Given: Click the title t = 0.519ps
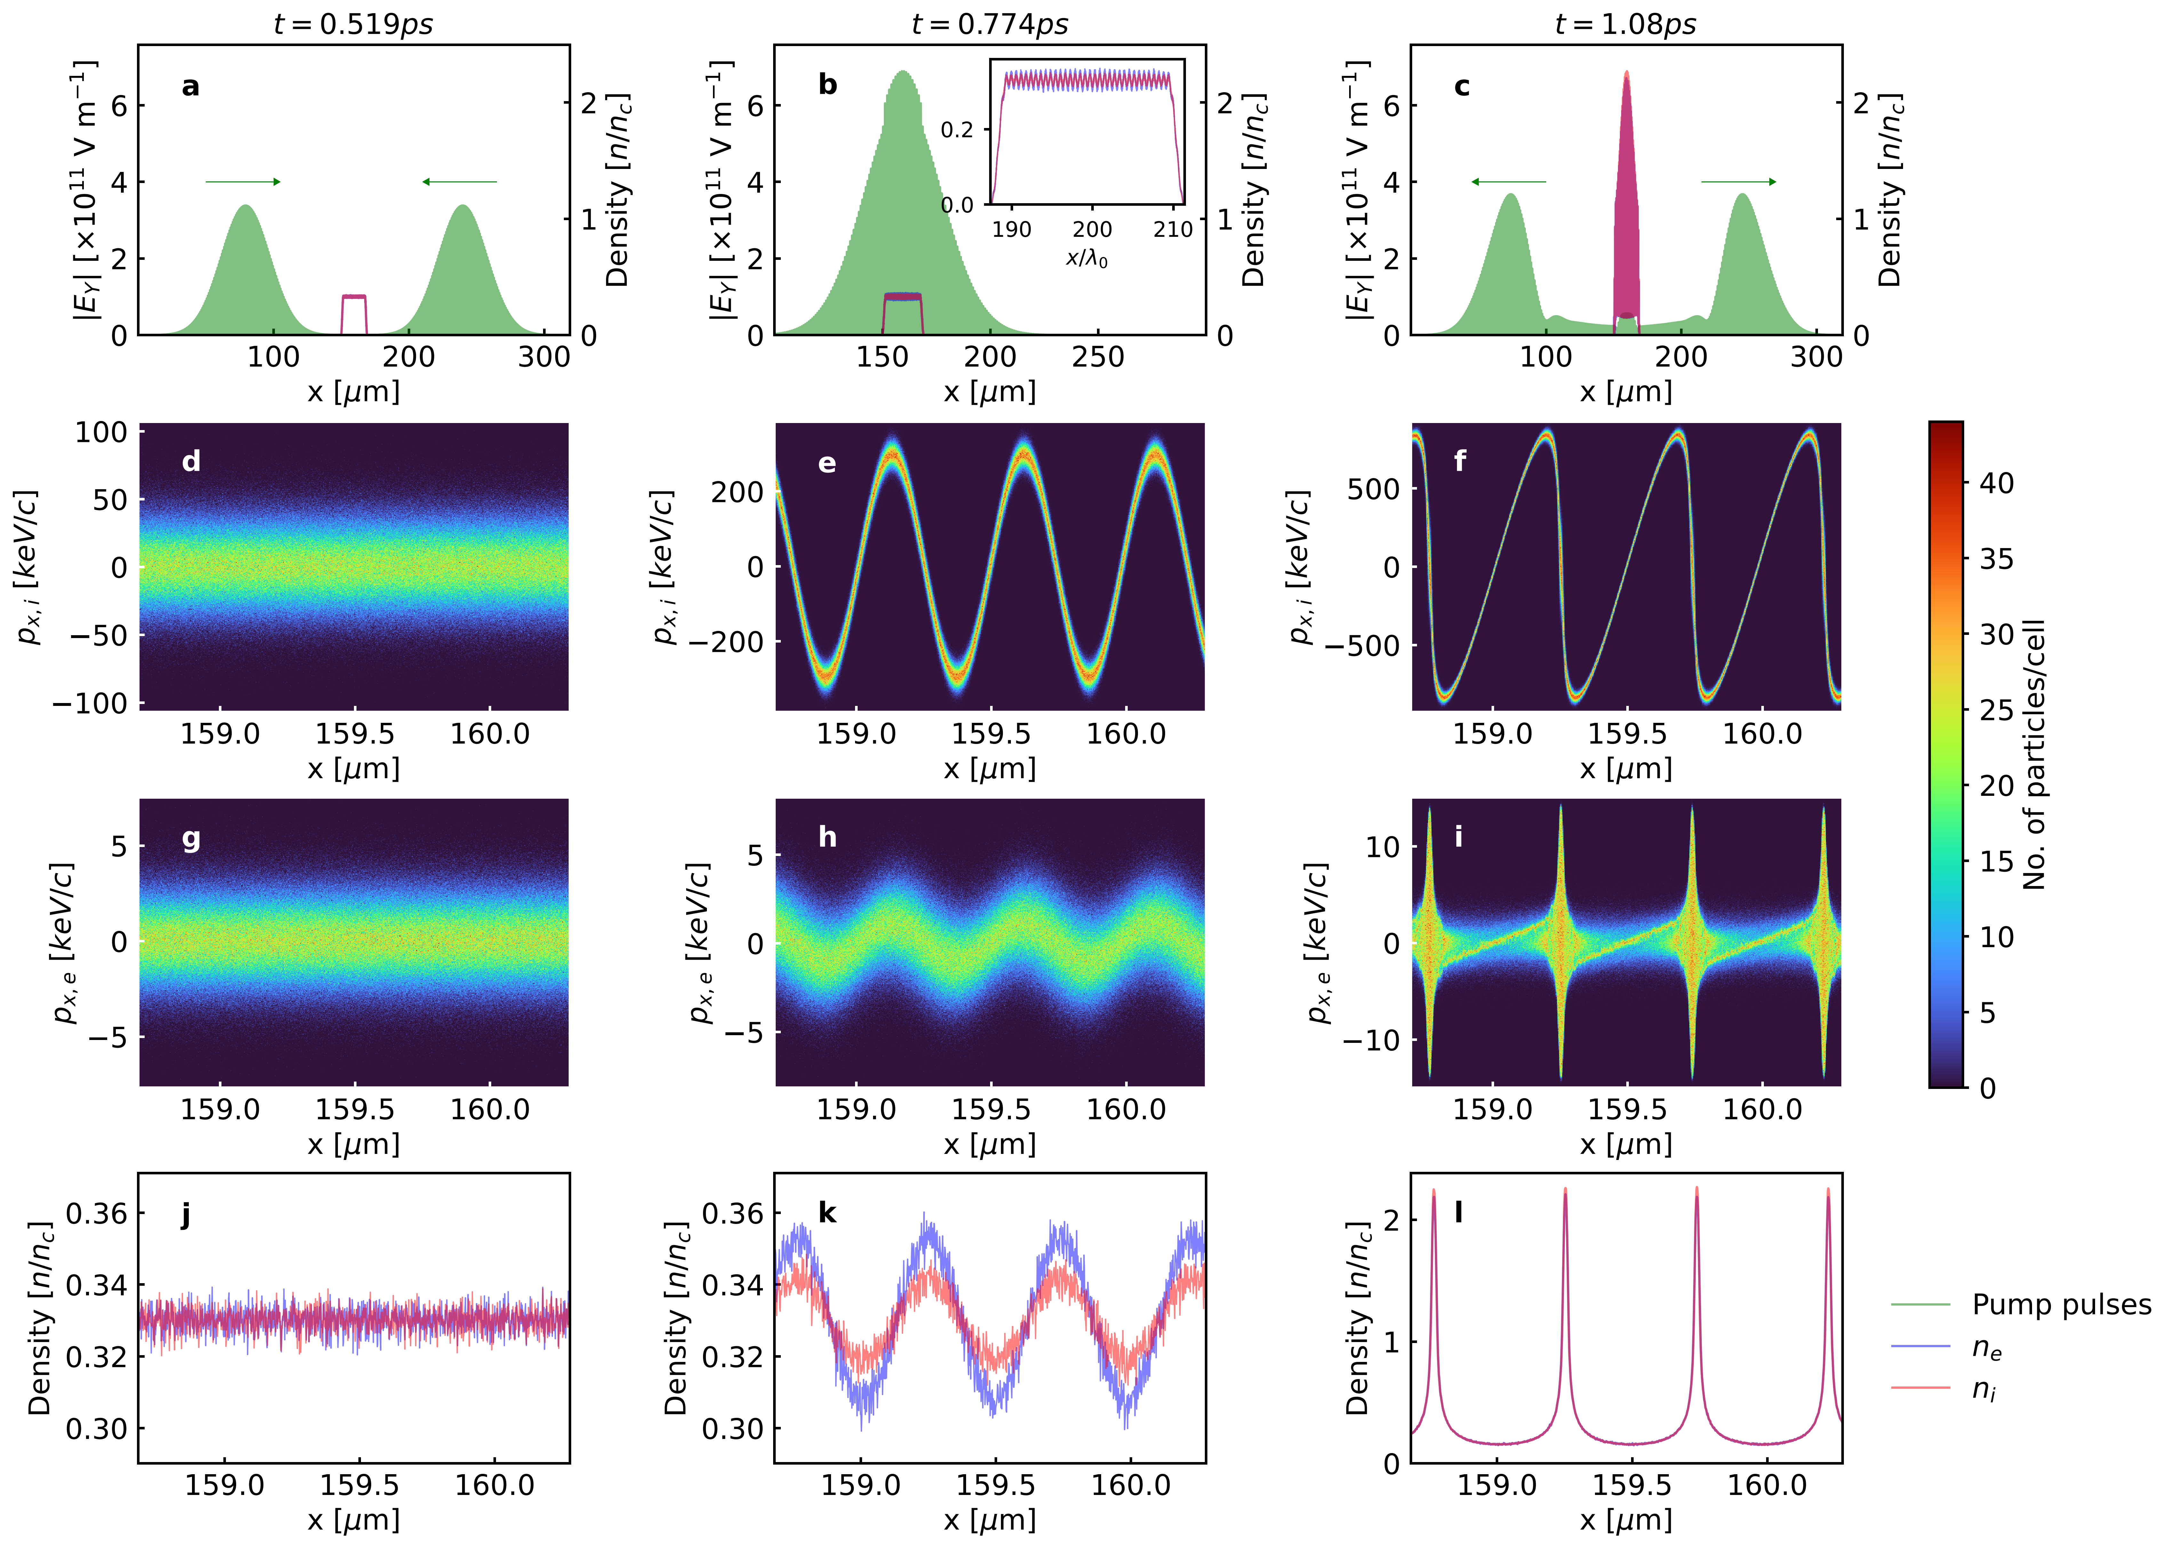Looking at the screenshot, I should [353, 24].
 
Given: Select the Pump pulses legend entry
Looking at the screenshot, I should [2061, 1305].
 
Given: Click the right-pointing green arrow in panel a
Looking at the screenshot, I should [244, 181].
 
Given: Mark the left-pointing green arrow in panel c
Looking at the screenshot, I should [1509, 181].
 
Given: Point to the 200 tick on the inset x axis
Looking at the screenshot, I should [1091, 229].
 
